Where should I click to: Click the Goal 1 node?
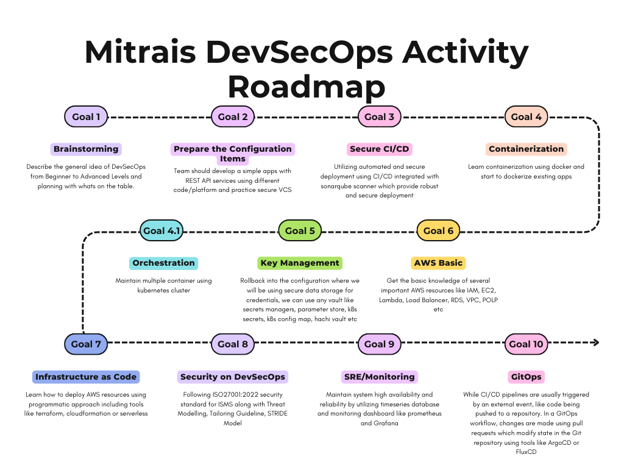86,116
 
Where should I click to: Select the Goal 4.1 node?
161,231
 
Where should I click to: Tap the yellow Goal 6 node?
438,231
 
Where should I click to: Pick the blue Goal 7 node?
86,344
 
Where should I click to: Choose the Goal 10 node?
526,344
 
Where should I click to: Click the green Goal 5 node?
300,231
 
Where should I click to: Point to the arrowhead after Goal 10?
596,342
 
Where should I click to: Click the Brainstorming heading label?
86,149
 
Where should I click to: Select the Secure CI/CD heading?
379,149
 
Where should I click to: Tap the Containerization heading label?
526,149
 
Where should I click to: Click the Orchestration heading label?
163,263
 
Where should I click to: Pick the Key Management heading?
300,263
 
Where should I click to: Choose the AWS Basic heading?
438,263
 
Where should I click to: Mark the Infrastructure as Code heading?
86,377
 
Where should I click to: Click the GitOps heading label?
526,377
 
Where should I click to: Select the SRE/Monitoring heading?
379,377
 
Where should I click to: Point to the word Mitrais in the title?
141,52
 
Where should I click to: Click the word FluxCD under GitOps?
526,452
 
